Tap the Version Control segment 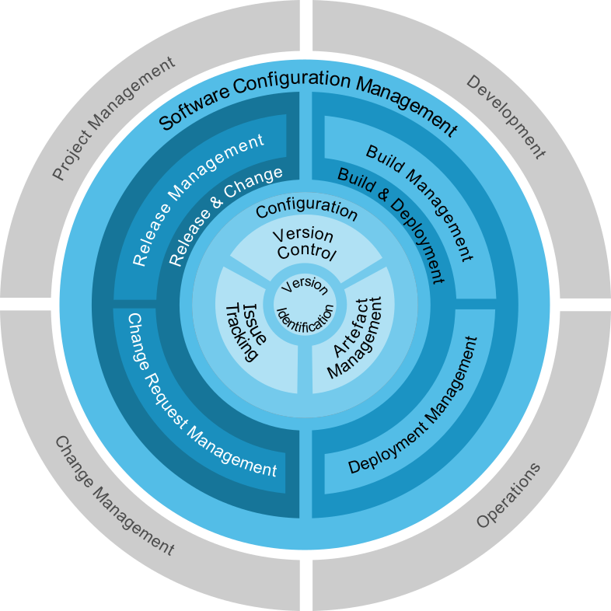(x=305, y=244)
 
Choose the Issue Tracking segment (x=245, y=331)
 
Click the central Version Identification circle (x=305, y=305)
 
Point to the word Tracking (x=238, y=334)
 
